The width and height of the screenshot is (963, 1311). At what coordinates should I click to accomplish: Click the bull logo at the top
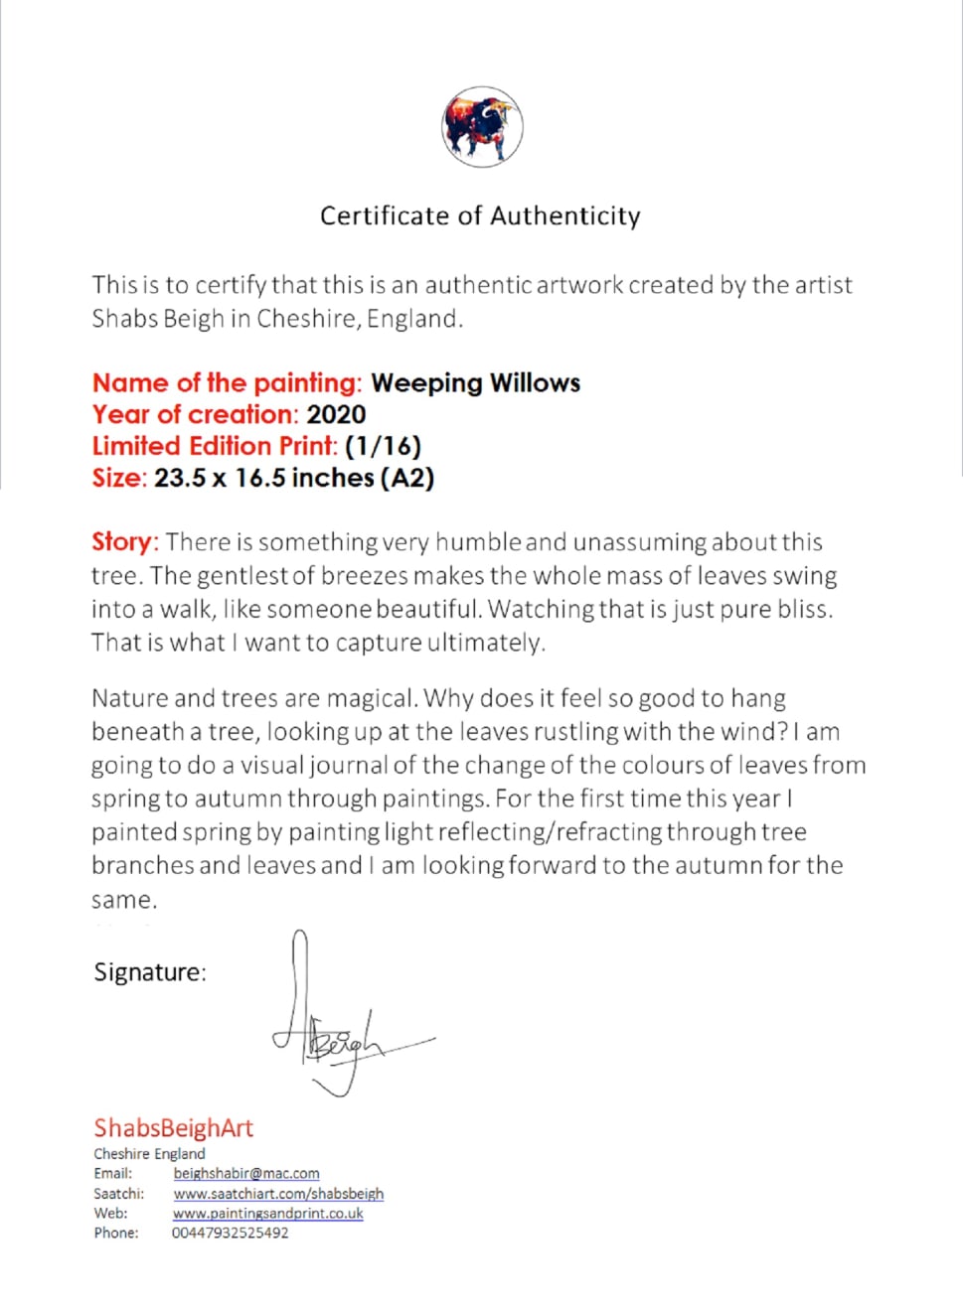point(482,127)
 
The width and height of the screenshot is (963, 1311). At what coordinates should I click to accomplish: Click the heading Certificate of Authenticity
point(480,216)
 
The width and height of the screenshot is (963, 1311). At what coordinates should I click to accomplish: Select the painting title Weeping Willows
point(475,382)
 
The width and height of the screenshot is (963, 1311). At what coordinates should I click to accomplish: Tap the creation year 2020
point(336,414)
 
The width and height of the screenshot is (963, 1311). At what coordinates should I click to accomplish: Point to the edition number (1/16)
point(383,446)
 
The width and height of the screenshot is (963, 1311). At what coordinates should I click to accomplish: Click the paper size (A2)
point(407,478)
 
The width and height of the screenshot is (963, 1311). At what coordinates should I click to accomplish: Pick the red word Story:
point(124,542)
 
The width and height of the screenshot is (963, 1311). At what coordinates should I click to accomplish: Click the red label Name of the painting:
point(227,382)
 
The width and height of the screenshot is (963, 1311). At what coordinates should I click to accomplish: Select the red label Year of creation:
point(195,414)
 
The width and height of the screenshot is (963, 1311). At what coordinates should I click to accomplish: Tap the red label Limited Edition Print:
point(215,446)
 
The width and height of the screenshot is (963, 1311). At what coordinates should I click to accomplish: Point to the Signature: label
point(150,972)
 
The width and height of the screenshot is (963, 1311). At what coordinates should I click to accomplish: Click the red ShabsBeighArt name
point(173,1127)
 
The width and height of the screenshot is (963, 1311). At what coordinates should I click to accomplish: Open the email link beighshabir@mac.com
point(246,1173)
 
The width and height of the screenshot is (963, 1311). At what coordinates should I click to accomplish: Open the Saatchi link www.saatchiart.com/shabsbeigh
point(278,1193)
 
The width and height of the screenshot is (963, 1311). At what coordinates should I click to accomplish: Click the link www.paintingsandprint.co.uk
point(268,1213)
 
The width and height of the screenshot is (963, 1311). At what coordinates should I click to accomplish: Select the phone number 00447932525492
point(231,1233)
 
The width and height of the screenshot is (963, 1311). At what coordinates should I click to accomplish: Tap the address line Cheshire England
point(149,1153)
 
